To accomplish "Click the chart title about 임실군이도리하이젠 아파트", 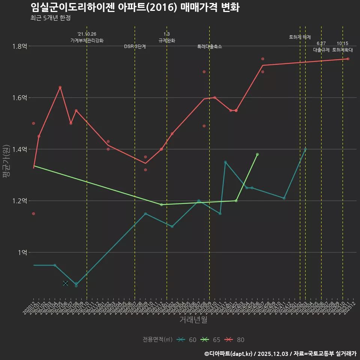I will [x=135, y=7].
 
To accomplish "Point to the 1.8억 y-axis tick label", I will [x=19, y=46].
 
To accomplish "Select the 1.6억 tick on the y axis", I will [x=19, y=98].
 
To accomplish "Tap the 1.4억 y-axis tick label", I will [x=19, y=150].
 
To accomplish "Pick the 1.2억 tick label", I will [x=19, y=201].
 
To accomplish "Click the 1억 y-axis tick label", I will [x=22, y=253].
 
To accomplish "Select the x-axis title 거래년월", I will [x=193, y=319].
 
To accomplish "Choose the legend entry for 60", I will [x=188, y=340].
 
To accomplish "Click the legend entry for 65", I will [x=212, y=340].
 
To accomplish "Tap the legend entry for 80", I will [x=236, y=340].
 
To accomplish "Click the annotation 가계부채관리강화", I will [x=87, y=40].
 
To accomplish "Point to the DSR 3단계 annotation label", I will [x=135, y=46].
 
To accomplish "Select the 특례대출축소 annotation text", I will [x=210, y=46].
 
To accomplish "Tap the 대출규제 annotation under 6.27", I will [x=321, y=50].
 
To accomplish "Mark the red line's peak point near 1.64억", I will [x=60, y=87].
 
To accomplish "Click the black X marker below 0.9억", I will [x=66, y=283].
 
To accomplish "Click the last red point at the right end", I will [x=348, y=59].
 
